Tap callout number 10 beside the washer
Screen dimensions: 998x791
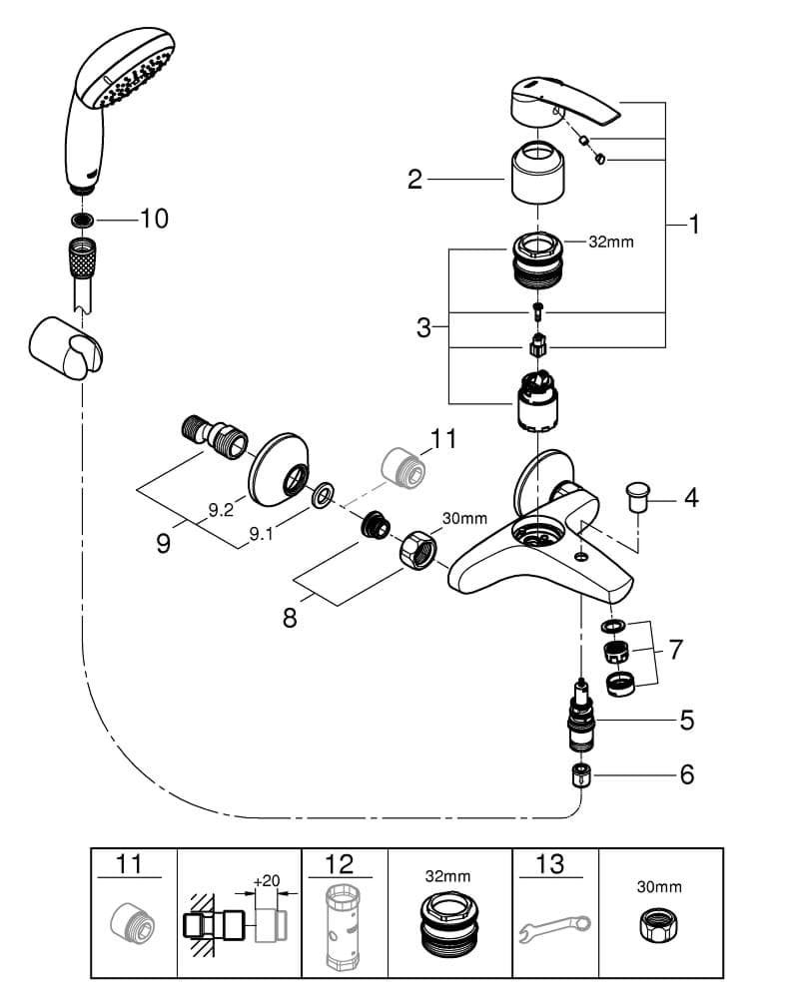(155, 219)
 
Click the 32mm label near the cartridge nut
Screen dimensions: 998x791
(611, 242)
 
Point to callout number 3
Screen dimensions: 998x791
(423, 327)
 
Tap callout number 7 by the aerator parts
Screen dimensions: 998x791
(676, 650)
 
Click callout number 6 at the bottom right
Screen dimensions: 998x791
(687, 773)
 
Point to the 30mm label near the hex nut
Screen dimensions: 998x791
(464, 518)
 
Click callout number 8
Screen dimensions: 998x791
(290, 618)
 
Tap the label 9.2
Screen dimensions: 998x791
(220, 510)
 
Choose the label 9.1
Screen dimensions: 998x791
(260, 533)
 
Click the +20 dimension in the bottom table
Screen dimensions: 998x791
(266, 882)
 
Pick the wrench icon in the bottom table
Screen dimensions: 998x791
(555, 929)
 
